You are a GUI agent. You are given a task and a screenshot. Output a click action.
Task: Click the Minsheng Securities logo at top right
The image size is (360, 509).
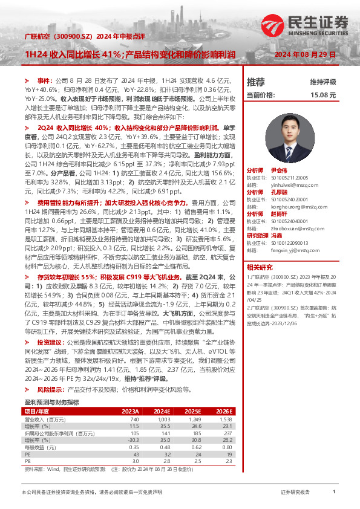[x=306, y=26]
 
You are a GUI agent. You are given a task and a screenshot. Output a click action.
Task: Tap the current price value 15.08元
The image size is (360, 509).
[x=322, y=95]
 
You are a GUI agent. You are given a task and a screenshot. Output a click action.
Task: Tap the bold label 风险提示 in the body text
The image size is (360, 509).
[x=50, y=390]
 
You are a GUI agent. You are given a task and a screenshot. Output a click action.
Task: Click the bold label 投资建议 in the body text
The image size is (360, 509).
[x=50, y=342]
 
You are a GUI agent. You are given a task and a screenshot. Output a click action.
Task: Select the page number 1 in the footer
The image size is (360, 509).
[x=334, y=493]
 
